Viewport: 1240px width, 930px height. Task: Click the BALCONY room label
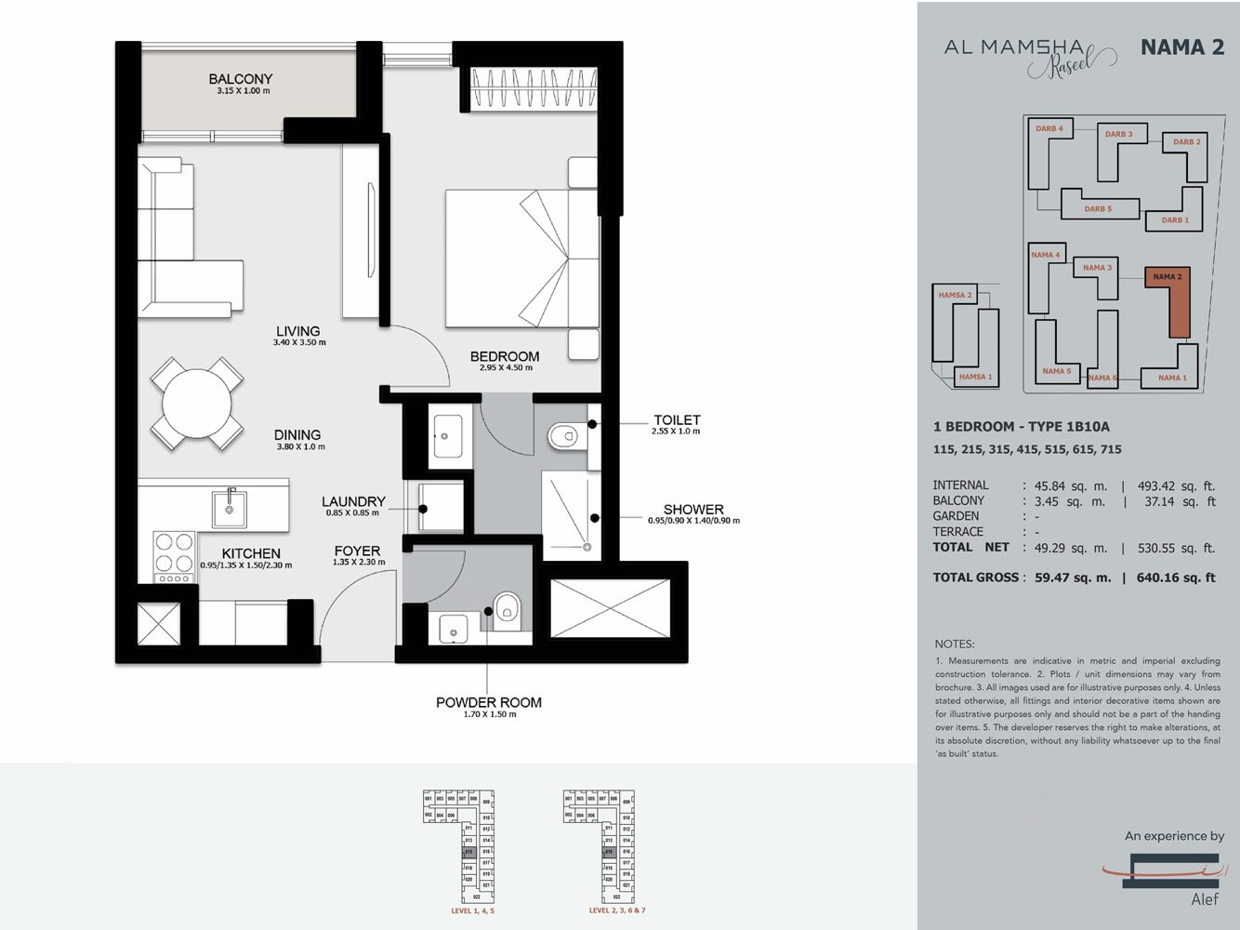click(x=240, y=79)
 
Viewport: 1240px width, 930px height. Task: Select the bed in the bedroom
click(x=521, y=259)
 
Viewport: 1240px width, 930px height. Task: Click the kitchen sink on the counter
click(x=229, y=509)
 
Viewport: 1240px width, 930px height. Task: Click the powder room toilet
click(x=506, y=609)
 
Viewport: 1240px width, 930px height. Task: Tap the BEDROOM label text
click(x=505, y=356)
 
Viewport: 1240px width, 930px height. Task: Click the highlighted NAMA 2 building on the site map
click(x=1178, y=307)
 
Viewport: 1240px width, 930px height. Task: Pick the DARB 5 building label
click(x=1098, y=209)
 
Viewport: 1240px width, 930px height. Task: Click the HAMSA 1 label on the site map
click(x=975, y=377)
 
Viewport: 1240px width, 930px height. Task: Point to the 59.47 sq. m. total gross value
click(x=1073, y=578)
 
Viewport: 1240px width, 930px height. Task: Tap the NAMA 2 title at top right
click(x=1181, y=47)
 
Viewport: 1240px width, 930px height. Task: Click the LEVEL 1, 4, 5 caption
click(x=472, y=911)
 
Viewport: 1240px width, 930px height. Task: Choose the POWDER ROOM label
click(x=488, y=702)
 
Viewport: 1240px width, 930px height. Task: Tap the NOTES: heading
click(x=955, y=644)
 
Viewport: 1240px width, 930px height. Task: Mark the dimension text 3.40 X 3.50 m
click(x=299, y=343)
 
